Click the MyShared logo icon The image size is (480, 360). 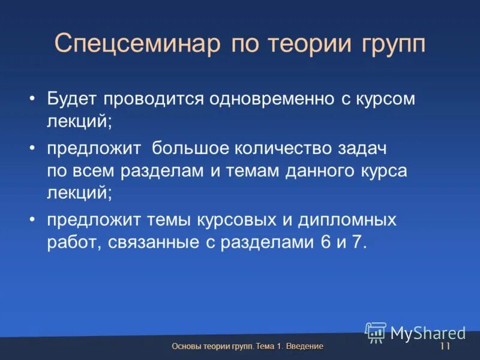pyautogui.click(x=376, y=332)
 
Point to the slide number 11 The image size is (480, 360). pyautogui.click(x=445, y=347)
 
